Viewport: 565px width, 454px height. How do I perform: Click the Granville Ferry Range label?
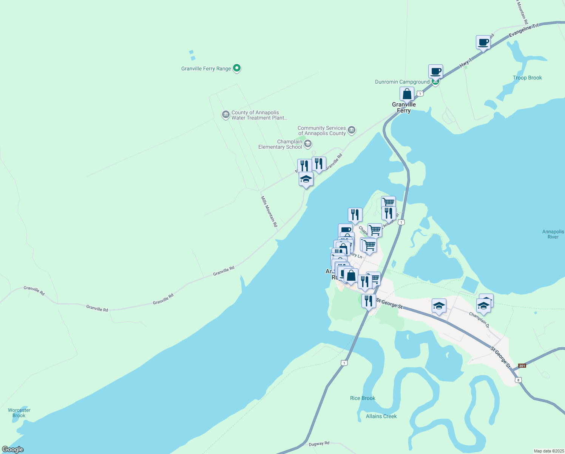(x=206, y=68)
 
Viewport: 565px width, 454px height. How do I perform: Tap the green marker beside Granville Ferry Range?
(x=237, y=68)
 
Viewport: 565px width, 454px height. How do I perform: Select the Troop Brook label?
(x=527, y=78)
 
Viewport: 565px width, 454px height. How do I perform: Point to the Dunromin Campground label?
(x=402, y=82)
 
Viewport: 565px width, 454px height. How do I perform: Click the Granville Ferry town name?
(x=404, y=107)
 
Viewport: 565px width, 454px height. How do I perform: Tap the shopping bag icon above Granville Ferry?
(x=407, y=93)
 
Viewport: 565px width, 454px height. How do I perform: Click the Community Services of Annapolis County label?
(x=322, y=131)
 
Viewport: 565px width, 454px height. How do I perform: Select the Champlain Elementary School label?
(x=280, y=144)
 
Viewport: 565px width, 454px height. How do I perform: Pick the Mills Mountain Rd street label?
(x=269, y=211)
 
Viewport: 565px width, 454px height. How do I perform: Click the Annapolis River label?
(x=553, y=234)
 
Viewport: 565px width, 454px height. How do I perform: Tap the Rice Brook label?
(x=363, y=398)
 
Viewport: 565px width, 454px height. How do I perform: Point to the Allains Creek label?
(x=381, y=416)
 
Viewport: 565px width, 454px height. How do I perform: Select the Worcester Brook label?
(x=19, y=413)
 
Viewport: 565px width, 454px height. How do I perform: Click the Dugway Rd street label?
(x=319, y=443)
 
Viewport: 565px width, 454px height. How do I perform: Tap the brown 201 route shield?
(x=522, y=366)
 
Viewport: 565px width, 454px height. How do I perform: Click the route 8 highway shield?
(x=519, y=380)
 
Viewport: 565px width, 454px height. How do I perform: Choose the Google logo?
(x=13, y=449)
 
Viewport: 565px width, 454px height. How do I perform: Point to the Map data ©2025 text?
(x=548, y=451)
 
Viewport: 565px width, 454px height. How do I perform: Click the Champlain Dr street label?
(x=479, y=320)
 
